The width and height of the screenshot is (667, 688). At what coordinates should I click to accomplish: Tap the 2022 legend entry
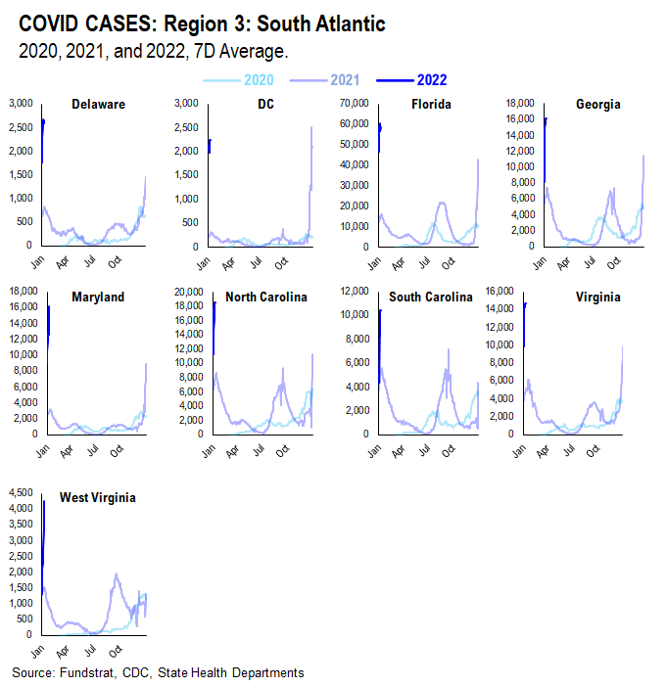tap(432, 80)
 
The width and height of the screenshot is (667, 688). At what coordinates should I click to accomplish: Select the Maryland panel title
tap(98, 297)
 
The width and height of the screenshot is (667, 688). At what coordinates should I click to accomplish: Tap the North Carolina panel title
tap(266, 297)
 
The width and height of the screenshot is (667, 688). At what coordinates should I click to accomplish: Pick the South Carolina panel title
tap(431, 297)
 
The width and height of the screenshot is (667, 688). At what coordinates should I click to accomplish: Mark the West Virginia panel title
tap(97, 497)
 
